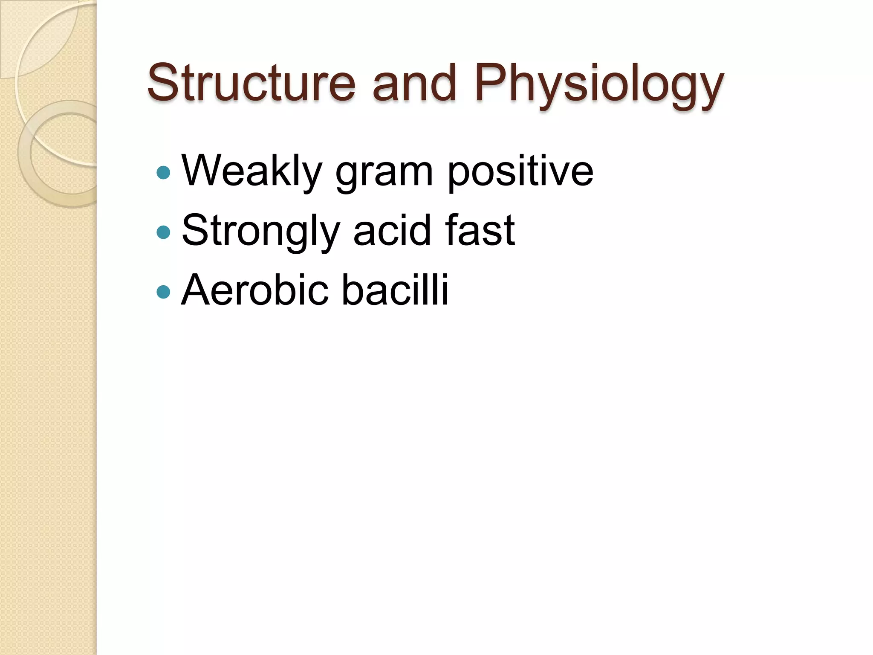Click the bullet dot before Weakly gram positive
click(x=163, y=172)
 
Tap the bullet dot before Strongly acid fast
click(x=163, y=232)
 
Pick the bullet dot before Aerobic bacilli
click(x=163, y=292)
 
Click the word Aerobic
click(x=255, y=290)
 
